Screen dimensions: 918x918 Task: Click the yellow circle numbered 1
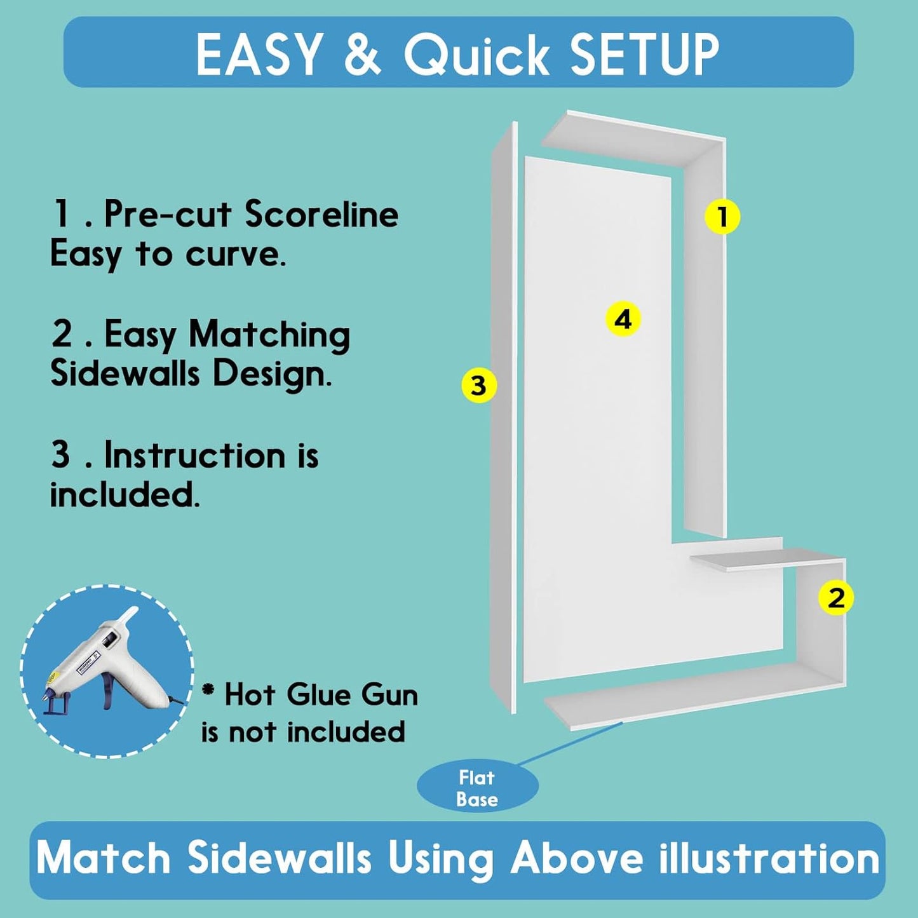722,217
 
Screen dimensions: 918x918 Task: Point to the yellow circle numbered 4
623,319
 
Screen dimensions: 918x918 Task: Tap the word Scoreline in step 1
321,215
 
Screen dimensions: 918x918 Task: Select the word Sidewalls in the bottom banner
279,859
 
